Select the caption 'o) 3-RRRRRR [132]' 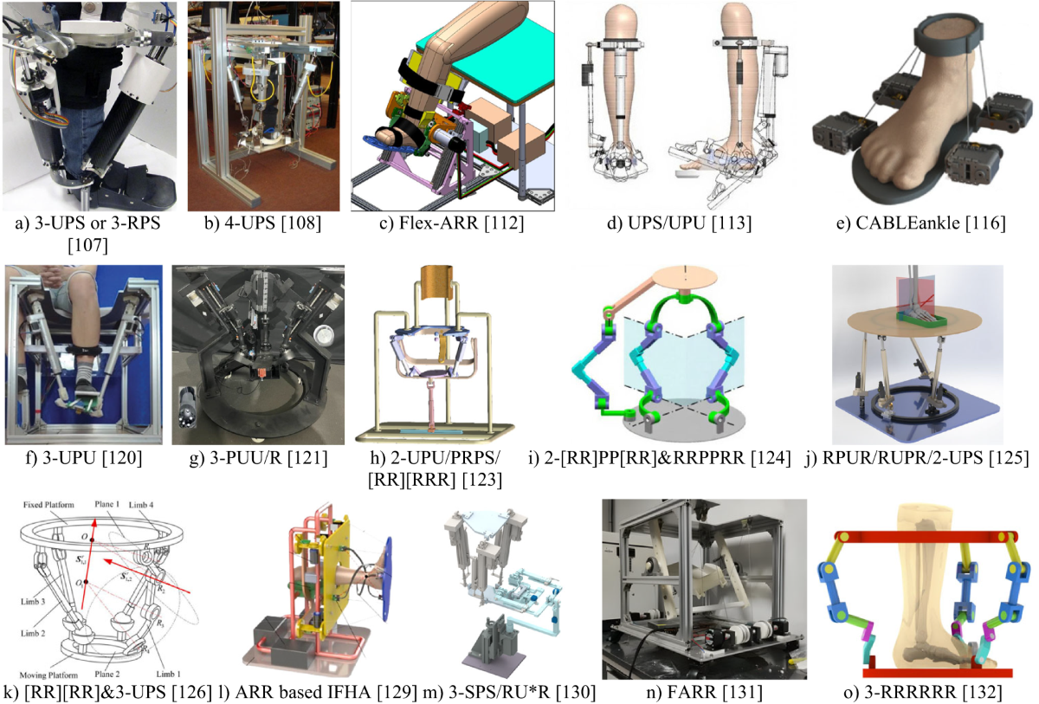pos(918,691)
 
